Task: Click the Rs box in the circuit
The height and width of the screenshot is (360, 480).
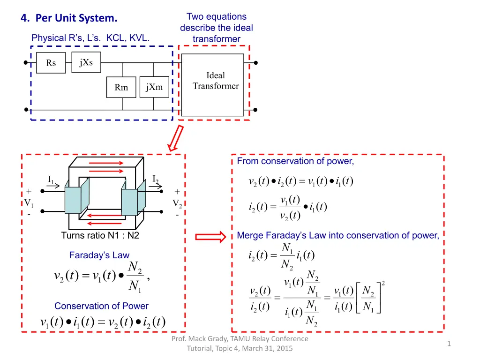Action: pos(51,63)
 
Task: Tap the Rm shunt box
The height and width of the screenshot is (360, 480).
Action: pos(121,87)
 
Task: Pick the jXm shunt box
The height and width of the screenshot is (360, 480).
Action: pos(154,87)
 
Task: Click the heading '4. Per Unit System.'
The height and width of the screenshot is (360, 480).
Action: pos(69,19)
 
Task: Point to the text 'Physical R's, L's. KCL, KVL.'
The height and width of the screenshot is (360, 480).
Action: pos(90,38)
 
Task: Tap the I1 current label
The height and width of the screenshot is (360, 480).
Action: pos(51,179)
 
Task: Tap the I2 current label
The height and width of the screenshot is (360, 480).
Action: pos(156,179)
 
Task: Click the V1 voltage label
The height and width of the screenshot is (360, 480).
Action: pos(29,203)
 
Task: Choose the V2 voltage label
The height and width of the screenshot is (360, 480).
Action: pos(177,203)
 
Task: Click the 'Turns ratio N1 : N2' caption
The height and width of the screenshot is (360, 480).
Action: pos(100,235)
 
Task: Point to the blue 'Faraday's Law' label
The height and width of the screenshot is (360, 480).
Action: pos(99,255)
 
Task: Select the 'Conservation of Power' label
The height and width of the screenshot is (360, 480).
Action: pos(101,306)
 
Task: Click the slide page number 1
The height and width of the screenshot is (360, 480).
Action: pos(449,344)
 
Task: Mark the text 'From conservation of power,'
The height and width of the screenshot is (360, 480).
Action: pos(295,162)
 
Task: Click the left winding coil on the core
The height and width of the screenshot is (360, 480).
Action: pos(73,202)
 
